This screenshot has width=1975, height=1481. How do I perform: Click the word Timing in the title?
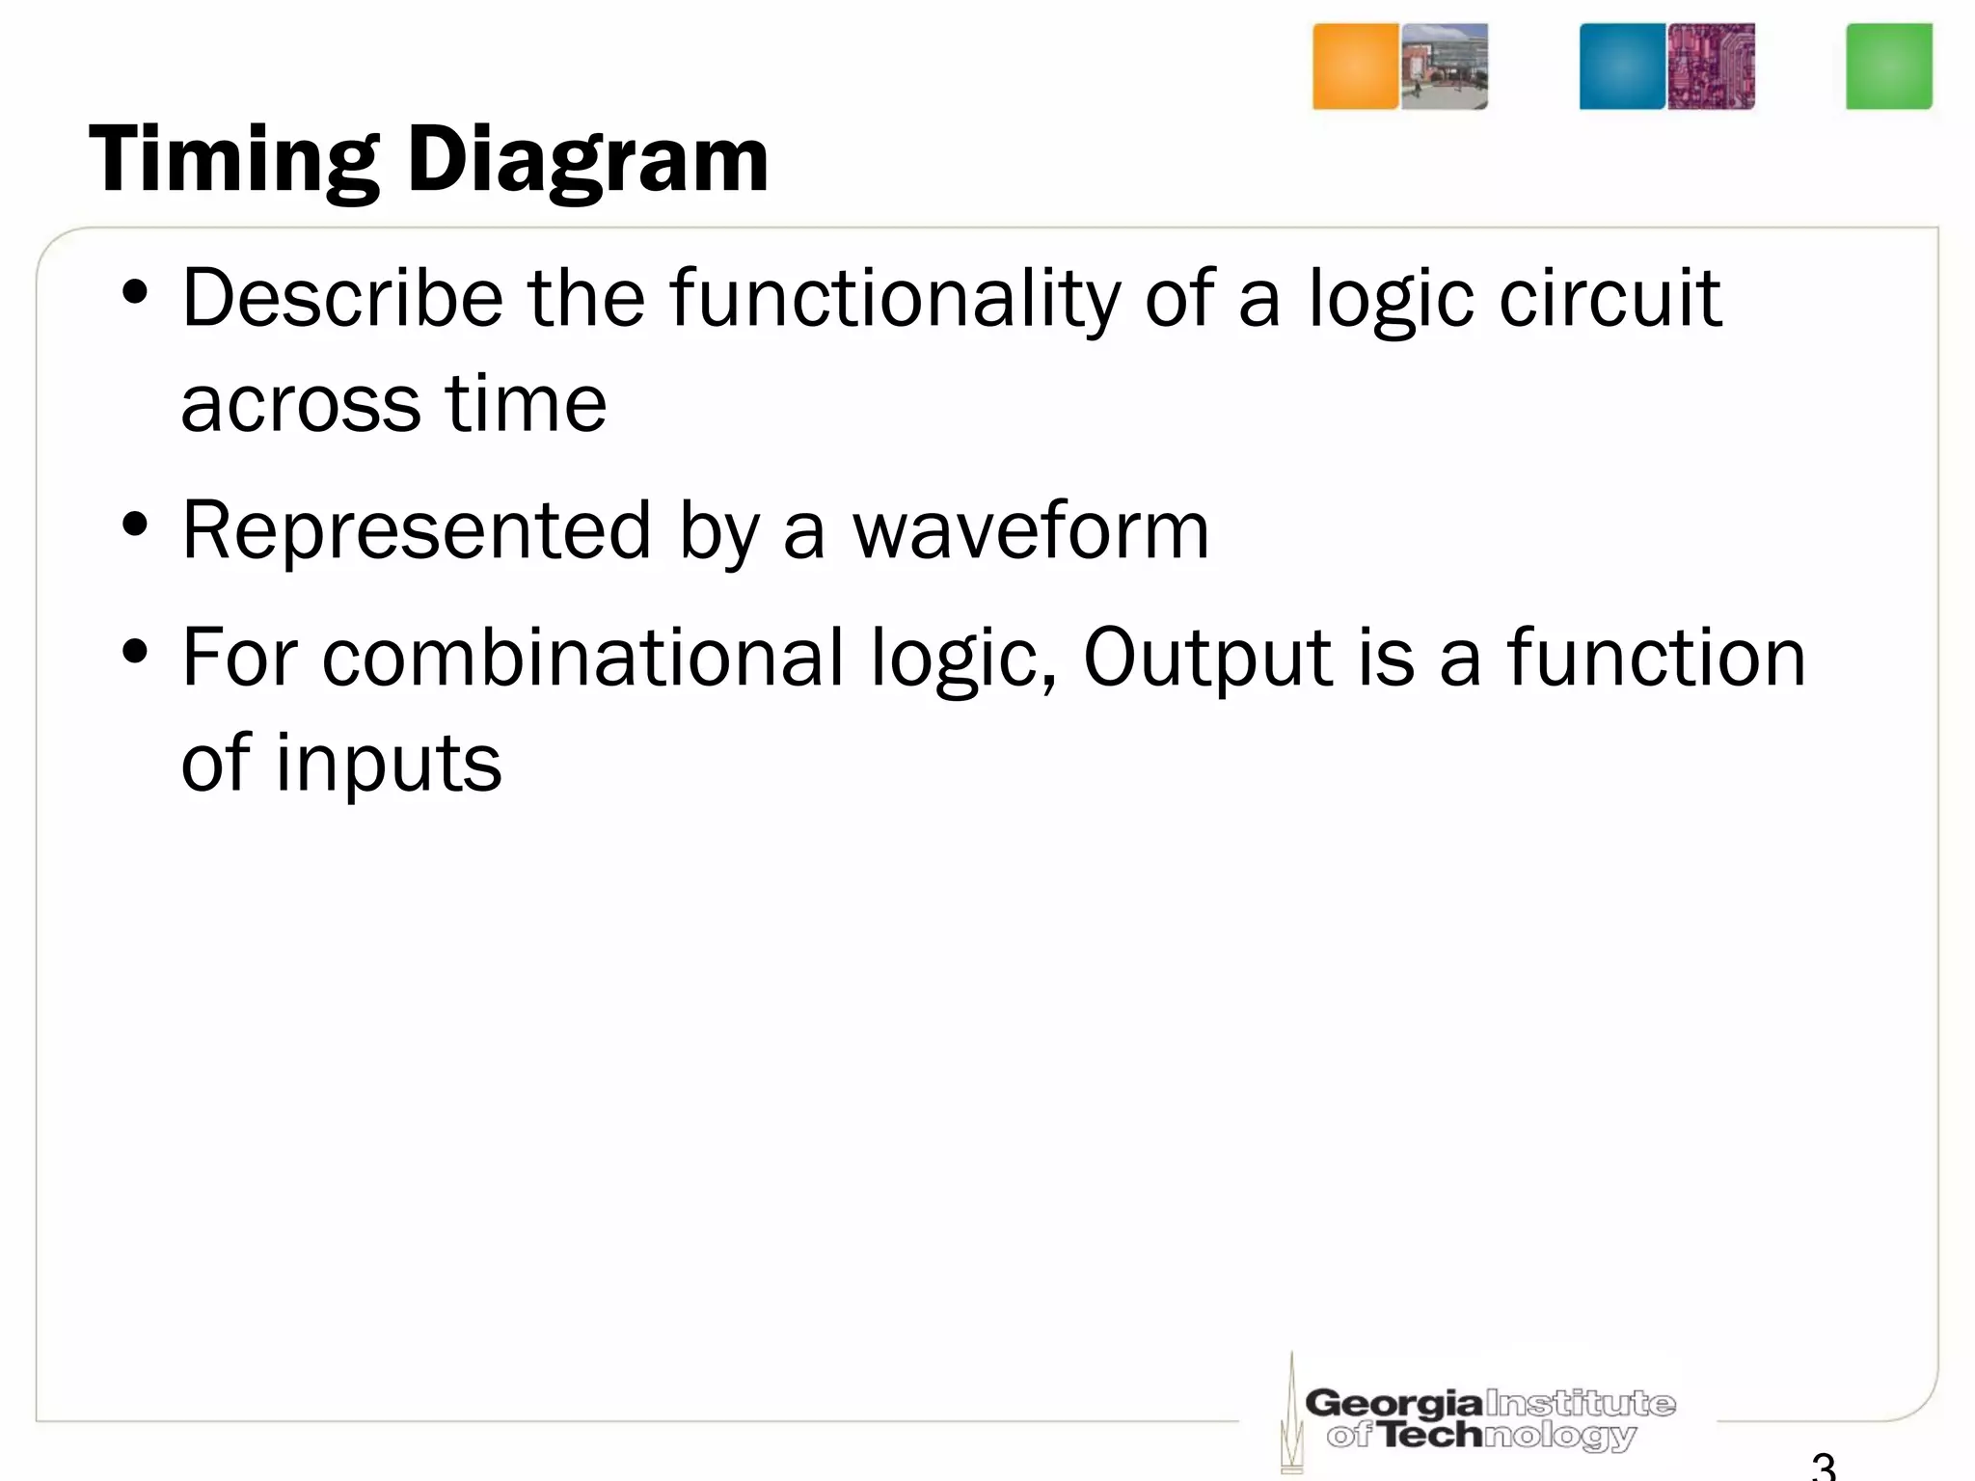[x=233, y=160]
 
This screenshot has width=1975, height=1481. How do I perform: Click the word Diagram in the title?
[x=587, y=160]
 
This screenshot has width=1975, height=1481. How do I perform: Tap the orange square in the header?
[x=1355, y=67]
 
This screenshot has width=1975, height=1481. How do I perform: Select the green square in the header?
[x=1888, y=67]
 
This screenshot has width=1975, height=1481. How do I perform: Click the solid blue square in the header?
[x=1622, y=67]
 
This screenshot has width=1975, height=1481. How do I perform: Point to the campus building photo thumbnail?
[x=1445, y=67]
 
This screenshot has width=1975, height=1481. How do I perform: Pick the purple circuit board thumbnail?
[x=1712, y=67]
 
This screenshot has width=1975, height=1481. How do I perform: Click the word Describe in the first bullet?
[x=342, y=298]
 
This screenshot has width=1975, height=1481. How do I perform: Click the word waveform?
[x=1030, y=530]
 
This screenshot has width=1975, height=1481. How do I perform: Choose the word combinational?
[x=582, y=658]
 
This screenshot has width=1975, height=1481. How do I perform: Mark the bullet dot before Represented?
[x=135, y=525]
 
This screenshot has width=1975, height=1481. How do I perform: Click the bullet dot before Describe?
[x=135, y=292]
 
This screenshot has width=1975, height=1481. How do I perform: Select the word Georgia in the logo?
[x=1393, y=1403]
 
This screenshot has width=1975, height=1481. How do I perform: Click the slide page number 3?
[x=1823, y=1467]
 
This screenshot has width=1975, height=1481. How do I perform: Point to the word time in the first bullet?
[x=525, y=403]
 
